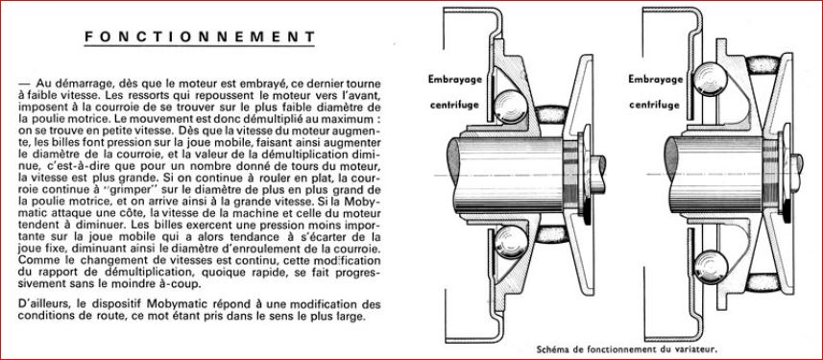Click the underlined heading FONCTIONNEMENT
[200, 36]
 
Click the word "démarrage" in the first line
[76, 84]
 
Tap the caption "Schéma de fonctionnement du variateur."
[627, 348]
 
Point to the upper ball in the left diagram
[511, 108]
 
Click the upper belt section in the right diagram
[763, 64]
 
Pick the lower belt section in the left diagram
[551, 234]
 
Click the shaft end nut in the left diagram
[598, 174]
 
